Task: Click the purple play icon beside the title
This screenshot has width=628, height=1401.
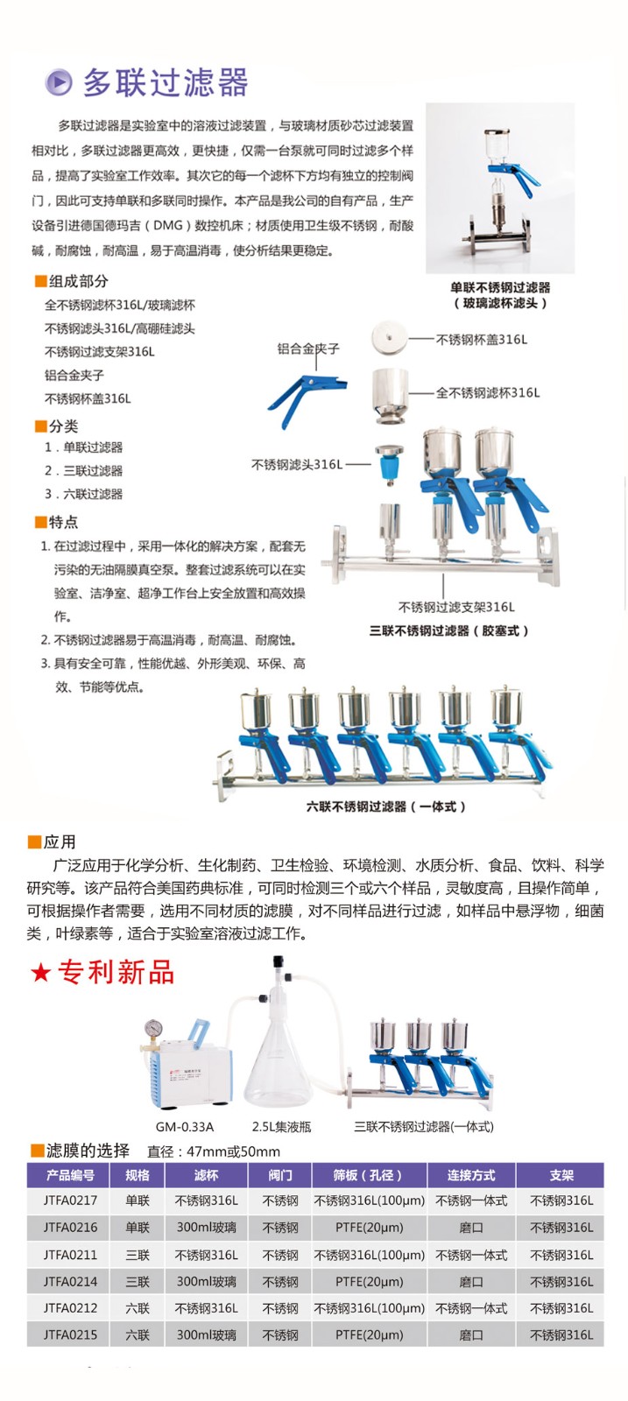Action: pyautogui.click(x=58, y=82)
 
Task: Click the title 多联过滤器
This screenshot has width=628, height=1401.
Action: pyautogui.click(x=166, y=82)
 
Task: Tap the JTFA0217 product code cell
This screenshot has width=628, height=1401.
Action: pyautogui.click(x=70, y=1200)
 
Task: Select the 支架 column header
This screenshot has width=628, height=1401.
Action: pyautogui.click(x=561, y=1175)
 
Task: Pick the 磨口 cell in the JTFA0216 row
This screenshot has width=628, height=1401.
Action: pyautogui.click(x=470, y=1227)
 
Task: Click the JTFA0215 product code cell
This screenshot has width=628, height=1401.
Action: pyautogui.click(x=70, y=1334)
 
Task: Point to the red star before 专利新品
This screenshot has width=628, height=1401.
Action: pyautogui.click(x=40, y=973)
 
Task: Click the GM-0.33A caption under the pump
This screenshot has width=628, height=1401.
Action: pyautogui.click(x=185, y=1127)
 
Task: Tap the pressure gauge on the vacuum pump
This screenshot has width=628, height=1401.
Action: pyautogui.click(x=152, y=1028)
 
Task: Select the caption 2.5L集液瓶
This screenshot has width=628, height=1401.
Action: pyautogui.click(x=281, y=1127)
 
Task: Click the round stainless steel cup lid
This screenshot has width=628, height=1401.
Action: pyautogui.click(x=390, y=338)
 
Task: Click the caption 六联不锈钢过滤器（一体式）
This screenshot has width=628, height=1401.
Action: pyautogui.click(x=386, y=806)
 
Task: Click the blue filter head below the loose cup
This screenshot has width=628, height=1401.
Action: pyautogui.click(x=389, y=465)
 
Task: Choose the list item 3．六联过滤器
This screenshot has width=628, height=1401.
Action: pyautogui.click(x=83, y=494)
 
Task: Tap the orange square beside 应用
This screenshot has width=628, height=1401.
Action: pyautogui.click(x=34, y=842)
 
